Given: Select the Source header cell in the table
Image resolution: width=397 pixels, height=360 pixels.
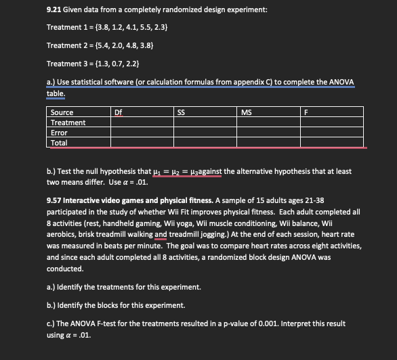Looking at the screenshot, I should pyautogui.click(x=62, y=112).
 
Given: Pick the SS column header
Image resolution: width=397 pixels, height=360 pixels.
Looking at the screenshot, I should pyautogui.click(x=181, y=112).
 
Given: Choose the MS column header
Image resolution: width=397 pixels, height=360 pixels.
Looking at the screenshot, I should pyautogui.click(x=245, y=112).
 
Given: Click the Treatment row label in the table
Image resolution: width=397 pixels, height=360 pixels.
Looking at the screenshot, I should pyautogui.click(x=68, y=122).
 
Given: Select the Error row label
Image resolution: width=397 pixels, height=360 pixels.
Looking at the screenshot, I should pyautogui.click(x=59, y=133).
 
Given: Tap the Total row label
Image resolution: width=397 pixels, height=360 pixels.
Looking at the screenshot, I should pyautogui.click(x=59, y=143).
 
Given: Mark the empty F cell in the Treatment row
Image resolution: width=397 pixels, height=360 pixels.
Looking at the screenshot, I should pyautogui.click(x=332, y=122).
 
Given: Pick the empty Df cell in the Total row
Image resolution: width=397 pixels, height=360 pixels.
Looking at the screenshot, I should pyautogui.click(x=142, y=143).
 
